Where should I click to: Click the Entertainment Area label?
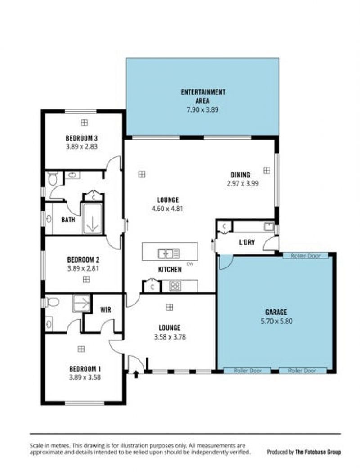coord(203,96)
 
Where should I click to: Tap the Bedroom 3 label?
coord(81,138)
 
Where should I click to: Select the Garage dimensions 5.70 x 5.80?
coord(277,321)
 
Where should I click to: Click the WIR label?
coord(106,310)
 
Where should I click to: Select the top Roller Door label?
coord(306,256)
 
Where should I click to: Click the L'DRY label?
coord(247,242)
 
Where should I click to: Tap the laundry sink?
coord(269,227)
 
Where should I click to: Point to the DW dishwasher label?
coord(190,264)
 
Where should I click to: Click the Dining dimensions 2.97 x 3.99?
coord(243,183)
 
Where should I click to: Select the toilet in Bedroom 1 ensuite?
coord(53,302)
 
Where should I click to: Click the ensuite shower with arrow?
coord(81,303)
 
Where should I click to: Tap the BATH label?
coord(68,219)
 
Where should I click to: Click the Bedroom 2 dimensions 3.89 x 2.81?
coord(83,268)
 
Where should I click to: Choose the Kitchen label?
coord(170,269)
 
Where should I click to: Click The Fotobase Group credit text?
coord(318,452)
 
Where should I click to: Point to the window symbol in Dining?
coord(266,171)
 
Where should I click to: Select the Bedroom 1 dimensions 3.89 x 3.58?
coord(85,378)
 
